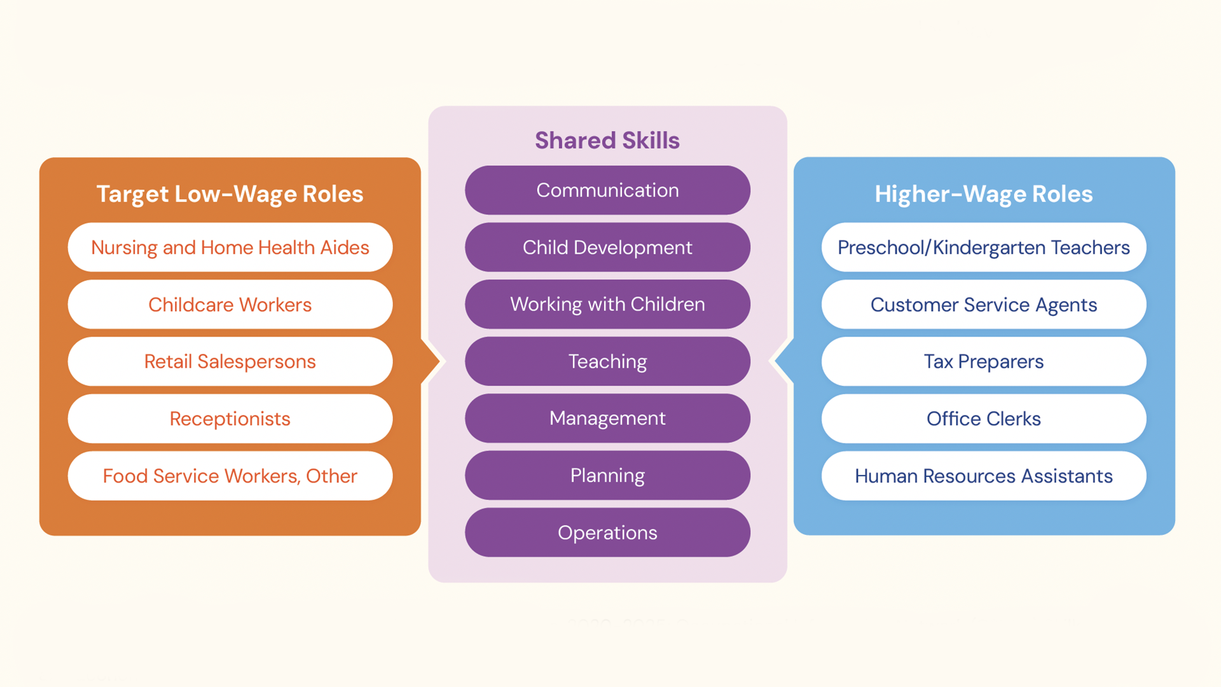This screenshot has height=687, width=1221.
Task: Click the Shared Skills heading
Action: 607,141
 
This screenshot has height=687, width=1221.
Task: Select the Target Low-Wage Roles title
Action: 230,194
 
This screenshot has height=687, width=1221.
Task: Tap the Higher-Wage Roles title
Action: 983,194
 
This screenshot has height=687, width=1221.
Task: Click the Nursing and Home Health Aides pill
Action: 230,247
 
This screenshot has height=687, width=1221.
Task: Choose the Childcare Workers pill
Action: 230,305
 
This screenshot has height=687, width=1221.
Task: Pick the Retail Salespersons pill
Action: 230,361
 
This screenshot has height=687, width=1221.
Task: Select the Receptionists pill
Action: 230,419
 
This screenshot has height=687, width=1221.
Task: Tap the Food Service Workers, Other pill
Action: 230,476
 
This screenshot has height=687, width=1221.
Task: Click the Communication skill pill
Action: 607,190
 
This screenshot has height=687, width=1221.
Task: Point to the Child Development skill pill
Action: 607,247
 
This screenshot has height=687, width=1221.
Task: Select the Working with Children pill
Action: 607,304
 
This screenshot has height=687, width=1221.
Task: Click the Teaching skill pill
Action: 607,361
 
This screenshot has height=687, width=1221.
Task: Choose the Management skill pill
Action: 607,418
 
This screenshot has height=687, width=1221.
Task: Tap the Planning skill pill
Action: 607,475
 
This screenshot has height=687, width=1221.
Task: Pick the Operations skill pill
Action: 607,532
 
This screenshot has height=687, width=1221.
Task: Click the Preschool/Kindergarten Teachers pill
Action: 983,247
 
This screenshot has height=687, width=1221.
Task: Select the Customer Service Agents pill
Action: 983,305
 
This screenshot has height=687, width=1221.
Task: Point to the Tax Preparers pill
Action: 983,361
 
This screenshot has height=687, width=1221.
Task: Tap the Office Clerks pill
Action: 983,419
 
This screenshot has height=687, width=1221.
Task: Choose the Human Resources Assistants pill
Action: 983,476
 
